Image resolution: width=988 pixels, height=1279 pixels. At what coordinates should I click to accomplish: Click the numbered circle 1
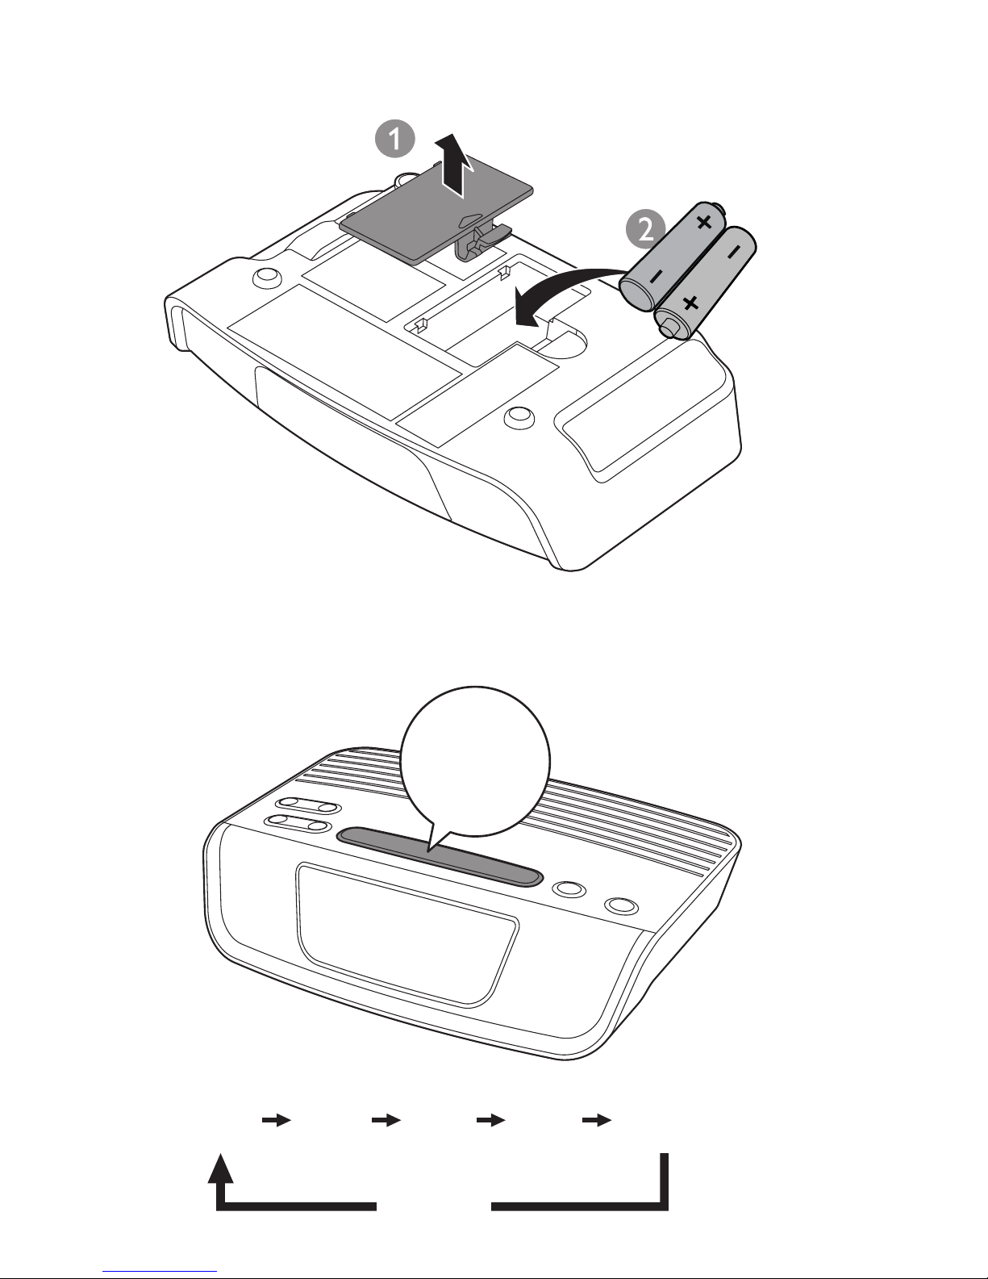click(x=395, y=139)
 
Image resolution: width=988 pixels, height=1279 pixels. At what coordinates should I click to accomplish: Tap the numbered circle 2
click(x=644, y=228)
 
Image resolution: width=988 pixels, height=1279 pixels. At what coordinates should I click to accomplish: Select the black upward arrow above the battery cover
click(x=452, y=165)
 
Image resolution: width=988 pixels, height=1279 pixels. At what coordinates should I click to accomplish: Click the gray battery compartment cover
click(x=436, y=216)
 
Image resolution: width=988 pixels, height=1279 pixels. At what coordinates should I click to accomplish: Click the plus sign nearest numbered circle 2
click(x=704, y=223)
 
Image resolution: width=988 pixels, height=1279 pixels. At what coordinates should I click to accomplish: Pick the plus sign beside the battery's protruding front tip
click(x=690, y=303)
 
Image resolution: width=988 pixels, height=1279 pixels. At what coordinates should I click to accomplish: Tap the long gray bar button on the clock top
click(x=440, y=856)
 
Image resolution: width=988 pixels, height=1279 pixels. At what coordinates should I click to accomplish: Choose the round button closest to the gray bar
click(x=571, y=888)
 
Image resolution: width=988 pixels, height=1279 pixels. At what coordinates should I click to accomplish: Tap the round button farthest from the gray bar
click(x=622, y=905)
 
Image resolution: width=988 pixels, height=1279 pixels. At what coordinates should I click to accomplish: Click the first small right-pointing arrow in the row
click(x=277, y=1120)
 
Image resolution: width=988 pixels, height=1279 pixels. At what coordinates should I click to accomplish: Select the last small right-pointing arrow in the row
click(x=597, y=1120)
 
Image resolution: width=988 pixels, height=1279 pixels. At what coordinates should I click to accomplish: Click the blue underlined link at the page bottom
click(x=160, y=1272)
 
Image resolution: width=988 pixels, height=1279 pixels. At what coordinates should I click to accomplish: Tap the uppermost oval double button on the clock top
click(x=310, y=805)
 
